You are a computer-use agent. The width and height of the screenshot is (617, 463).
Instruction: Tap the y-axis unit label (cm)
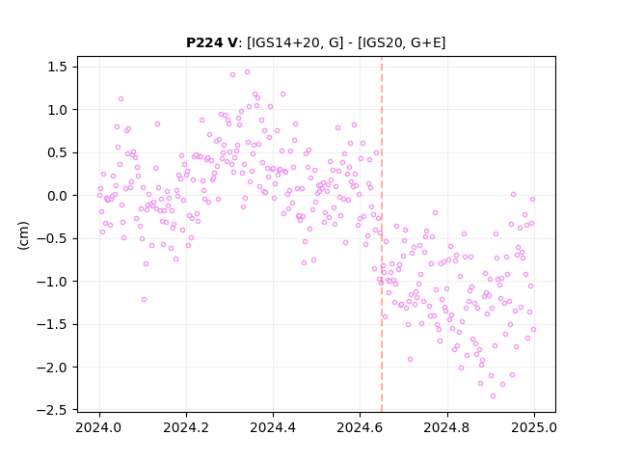(23, 235)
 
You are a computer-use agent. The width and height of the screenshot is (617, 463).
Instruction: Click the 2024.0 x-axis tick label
(99, 427)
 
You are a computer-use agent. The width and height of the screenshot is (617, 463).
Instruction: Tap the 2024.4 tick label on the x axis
(273, 427)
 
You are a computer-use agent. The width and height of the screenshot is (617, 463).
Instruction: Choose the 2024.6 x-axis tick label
(360, 427)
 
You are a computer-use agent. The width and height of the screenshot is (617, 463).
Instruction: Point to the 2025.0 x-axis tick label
(534, 427)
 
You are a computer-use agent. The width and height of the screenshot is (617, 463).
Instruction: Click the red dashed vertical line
(382, 234)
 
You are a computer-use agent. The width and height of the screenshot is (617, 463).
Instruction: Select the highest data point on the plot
(247, 72)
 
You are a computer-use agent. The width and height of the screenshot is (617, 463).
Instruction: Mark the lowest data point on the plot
(493, 396)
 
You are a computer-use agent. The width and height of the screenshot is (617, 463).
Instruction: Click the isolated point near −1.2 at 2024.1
(144, 300)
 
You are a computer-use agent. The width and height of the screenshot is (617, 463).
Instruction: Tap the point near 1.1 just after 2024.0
(121, 98)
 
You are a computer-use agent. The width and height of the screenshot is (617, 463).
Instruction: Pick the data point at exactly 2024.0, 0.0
(99, 195)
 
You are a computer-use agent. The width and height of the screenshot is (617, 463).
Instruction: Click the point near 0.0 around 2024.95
(513, 195)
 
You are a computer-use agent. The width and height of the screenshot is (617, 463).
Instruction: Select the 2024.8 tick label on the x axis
(446, 427)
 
